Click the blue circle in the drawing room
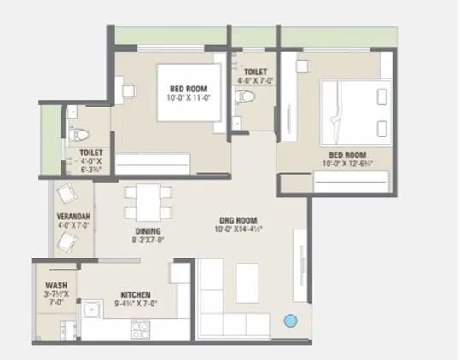pyautogui.click(x=290, y=322)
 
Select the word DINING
pyautogui.click(x=148, y=232)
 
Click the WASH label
pyautogui.click(x=55, y=286)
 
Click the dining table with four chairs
pyautogui.click(x=143, y=202)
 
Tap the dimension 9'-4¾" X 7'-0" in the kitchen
pyautogui.click(x=136, y=302)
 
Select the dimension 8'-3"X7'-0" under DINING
pyautogui.click(x=148, y=241)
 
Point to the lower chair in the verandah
pyautogui.click(x=67, y=243)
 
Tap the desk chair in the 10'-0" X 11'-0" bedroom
pyautogui.click(x=129, y=87)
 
